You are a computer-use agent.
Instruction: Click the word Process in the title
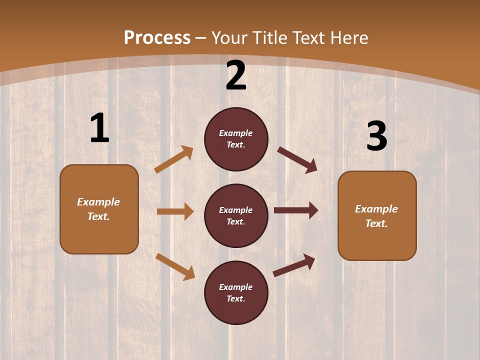click(x=157, y=37)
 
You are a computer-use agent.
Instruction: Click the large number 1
click(x=99, y=128)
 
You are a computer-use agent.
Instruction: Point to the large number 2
click(x=236, y=75)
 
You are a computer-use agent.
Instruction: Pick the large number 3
click(x=376, y=136)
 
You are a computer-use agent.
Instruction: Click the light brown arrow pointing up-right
click(x=174, y=159)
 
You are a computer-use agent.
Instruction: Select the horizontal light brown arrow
click(x=175, y=211)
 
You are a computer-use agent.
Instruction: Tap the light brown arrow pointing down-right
click(x=175, y=266)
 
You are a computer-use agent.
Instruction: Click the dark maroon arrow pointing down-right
click(x=297, y=160)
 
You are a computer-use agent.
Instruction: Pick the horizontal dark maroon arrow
click(x=296, y=210)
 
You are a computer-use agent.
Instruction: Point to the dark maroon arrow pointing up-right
click(x=294, y=265)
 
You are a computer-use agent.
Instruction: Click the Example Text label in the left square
click(x=98, y=209)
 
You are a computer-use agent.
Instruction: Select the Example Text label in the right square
click(x=376, y=216)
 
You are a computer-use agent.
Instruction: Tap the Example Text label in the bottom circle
click(x=236, y=293)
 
